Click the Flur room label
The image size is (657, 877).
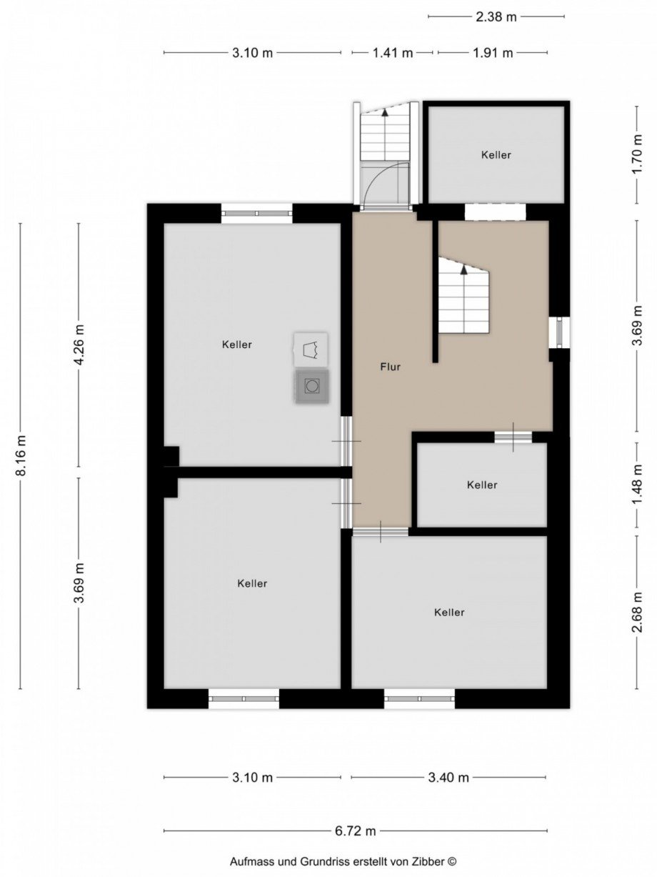pos(390,367)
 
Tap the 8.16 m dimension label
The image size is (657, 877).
pos(21,455)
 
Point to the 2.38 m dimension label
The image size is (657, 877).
pos(496,16)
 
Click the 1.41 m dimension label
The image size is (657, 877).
pos(393,52)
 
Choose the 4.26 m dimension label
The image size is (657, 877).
pos(80,345)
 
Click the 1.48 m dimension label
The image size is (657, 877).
pos(638,485)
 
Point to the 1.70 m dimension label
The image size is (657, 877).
pos(638,154)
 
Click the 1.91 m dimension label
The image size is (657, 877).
pos(493,52)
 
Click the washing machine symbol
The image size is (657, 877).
pos(312,386)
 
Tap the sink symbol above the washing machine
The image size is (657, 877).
pos(311,350)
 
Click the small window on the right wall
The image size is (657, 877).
pos(561,332)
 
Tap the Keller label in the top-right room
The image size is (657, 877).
pos(496,154)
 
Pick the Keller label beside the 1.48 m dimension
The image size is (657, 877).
pos(482,485)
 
